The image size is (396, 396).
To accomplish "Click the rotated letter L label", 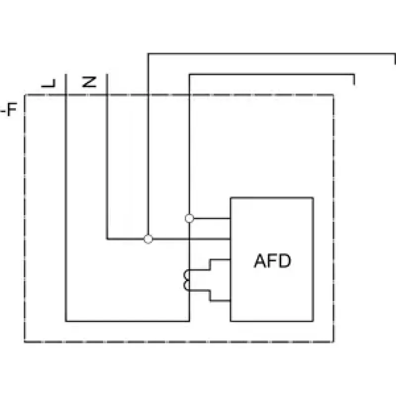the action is point(48,83).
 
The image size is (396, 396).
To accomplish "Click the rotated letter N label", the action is point(89,82).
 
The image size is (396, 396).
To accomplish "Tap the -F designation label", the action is point(8,109).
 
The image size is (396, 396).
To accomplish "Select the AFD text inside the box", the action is point(272,261).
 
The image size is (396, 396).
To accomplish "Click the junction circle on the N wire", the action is point(148,239).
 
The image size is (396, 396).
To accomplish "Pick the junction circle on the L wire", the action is point(190,218).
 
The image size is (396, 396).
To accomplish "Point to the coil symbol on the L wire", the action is point(187,280).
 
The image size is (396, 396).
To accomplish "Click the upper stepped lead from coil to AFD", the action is point(210,264).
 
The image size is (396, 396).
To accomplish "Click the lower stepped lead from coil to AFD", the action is point(210,296).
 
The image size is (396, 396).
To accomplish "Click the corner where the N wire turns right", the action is point(107,239).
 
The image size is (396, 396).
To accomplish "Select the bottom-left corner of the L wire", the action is point(66,321).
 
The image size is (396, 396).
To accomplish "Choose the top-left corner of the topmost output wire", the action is point(148,54).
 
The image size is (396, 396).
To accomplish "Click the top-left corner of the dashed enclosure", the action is point(25,95).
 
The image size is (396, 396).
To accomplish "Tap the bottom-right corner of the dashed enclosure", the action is point(334,342).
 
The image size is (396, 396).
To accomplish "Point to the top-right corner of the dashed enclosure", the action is point(334,95).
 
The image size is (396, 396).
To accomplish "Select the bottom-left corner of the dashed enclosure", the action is point(25,342).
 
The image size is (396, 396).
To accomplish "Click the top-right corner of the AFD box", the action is point(313,198).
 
